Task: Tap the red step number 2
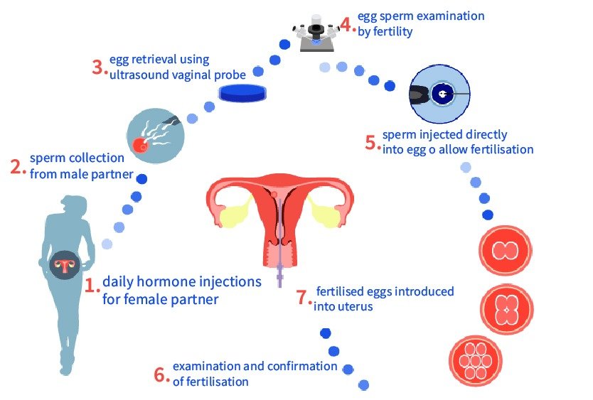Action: pyautogui.click(x=17, y=166)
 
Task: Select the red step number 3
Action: pyautogui.click(x=98, y=67)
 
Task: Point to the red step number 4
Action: pyautogui.click(x=346, y=25)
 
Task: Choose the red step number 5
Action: pyautogui.click(x=370, y=142)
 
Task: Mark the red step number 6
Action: pyautogui.click(x=160, y=374)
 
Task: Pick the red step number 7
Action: pyautogui.click(x=301, y=297)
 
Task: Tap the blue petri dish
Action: pyautogui.click(x=242, y=92)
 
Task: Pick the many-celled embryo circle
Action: pyautogui.click(x=476, y=360)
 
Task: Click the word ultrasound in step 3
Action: pyautogui.click(x=138, y=74)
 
